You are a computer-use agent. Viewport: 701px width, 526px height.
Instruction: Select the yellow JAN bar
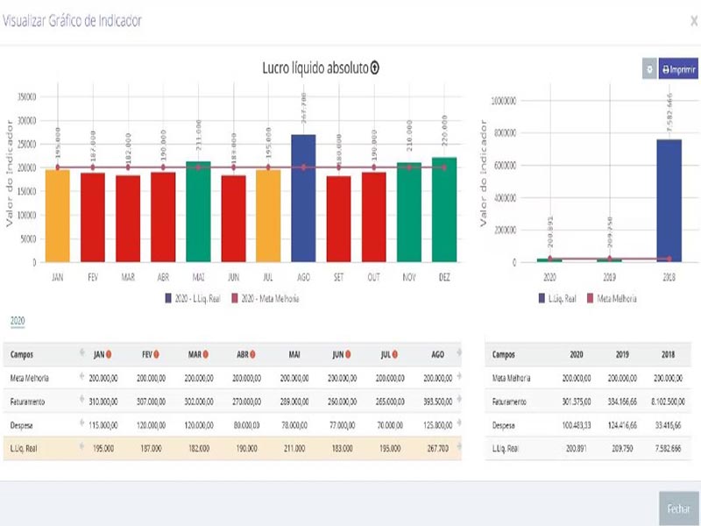(57, 216)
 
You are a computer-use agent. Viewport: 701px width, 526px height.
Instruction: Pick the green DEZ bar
(444, 210)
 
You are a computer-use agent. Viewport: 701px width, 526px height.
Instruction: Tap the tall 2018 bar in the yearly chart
(669, 200)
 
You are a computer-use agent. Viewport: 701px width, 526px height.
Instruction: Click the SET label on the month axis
(338, 276)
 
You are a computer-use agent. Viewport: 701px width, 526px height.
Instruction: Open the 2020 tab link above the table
(18, 322)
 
